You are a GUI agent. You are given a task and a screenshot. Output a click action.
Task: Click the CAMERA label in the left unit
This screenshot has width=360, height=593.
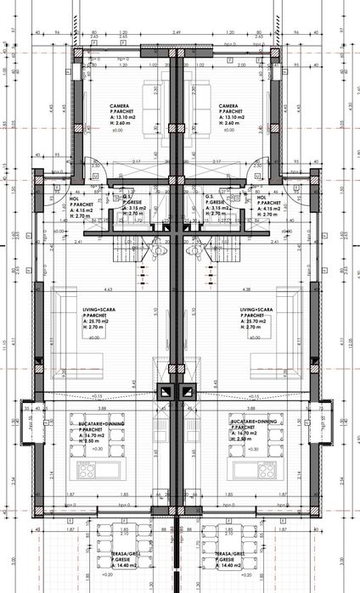click(119, 106)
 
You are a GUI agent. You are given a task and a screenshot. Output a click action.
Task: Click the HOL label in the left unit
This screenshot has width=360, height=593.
click(74, 199)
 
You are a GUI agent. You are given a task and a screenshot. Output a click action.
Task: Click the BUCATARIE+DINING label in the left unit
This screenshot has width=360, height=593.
click(89, 422)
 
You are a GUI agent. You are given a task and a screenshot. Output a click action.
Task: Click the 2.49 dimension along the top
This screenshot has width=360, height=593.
click(177, 32)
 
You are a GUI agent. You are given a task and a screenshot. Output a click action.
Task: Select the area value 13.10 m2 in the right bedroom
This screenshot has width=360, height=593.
click(232, 118)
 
